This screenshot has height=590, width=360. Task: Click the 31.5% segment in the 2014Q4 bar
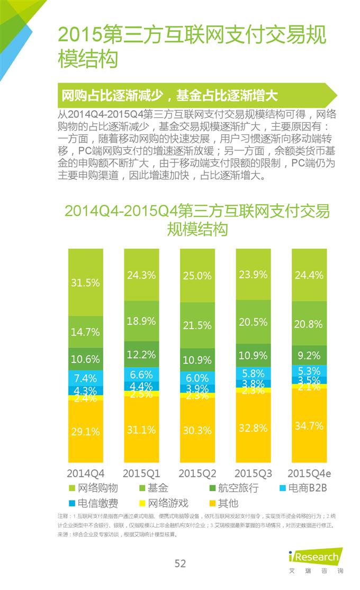pyautogui.click(x=85, y=283)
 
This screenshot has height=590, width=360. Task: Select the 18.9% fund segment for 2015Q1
pyautogui.click(x=141, y=321)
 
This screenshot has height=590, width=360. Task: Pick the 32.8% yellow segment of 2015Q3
pyautogui.click(x=253, y=428)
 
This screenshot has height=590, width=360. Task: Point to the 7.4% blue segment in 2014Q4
pyautogui.click(x=85, y=378)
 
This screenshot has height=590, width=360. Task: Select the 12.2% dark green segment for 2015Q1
pyautogui.click(x=141, y=354)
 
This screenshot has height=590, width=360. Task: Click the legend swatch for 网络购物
pyautogui.click(x=72, y=488)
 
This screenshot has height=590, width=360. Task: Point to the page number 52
pyautogui.click(x=180, y=564)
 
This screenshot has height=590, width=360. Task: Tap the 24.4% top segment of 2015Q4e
pyautogui.click(x=309, y=275)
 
